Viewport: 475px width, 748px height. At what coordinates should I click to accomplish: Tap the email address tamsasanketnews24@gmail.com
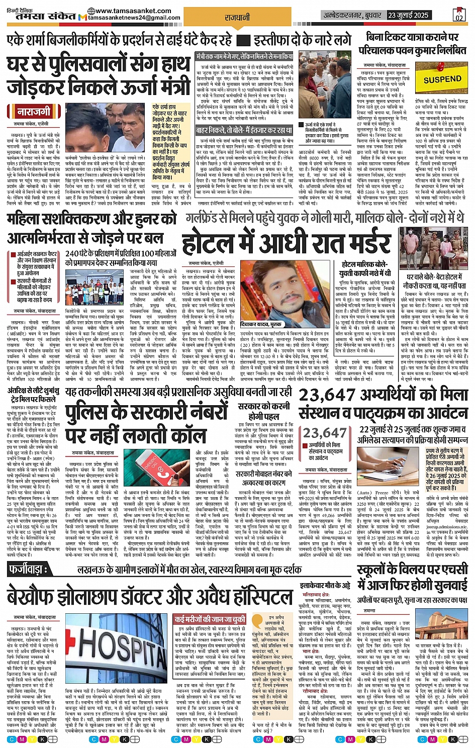tap(134, 18)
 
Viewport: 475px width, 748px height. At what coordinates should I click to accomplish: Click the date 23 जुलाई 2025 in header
tap(407, 15)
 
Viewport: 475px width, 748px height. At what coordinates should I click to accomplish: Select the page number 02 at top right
tap(458, 16)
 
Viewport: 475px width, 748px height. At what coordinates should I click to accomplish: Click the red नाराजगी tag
tap(34, 112)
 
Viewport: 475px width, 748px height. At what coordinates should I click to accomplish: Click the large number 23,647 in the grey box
tap(325, 432)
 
